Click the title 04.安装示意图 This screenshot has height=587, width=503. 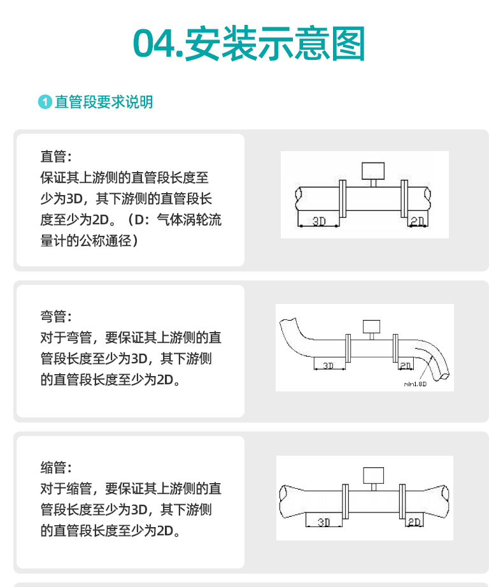(x=250, y=44)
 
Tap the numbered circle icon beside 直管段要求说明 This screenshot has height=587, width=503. (x=45, y=103)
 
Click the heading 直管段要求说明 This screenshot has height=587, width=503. (x=104, y=102)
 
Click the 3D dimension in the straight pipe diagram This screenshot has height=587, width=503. (x=319, y=221)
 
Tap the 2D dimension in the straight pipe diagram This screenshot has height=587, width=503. (x=418, y=221)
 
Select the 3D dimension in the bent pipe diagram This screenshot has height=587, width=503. (x=329, y=365)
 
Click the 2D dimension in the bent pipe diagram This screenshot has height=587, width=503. (x=406, y=365)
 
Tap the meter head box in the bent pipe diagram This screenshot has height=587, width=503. (x=371, y=326)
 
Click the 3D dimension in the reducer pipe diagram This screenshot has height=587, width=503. (x=324, y=522)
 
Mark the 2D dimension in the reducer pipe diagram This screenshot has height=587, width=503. (x=414, y=522)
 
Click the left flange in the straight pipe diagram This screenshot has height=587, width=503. (x=343, y=198)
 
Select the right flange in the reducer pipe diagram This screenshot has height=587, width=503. (x=402, y=500)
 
